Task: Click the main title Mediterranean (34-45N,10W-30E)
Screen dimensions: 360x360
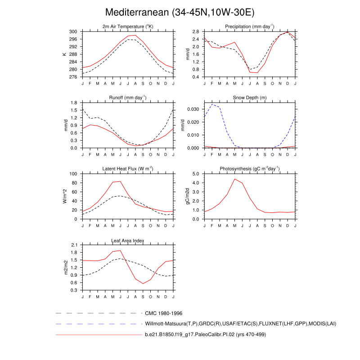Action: [x=180, y=12]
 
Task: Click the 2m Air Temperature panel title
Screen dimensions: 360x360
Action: [x=128, y=27]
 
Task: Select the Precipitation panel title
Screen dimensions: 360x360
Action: [x=250, y=27]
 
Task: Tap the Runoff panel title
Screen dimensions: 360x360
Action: [x=128, y=98]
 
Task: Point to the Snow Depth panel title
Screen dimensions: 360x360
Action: [x=250, y=98]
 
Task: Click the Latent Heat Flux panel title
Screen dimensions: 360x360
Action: [x=128, y=169]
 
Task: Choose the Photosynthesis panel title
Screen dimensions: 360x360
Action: [x=250, y=169]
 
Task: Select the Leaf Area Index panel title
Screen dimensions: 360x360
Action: [x=128, y=240]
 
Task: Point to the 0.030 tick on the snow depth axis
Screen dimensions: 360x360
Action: [x=193, y=109]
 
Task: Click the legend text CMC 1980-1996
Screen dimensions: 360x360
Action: [x=163, y=313]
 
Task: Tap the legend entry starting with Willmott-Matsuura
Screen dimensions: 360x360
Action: [x=241, y=324]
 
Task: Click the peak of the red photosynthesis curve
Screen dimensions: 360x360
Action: [x=234, y=179]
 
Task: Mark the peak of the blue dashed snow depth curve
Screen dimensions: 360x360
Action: [x=212, y=104]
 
